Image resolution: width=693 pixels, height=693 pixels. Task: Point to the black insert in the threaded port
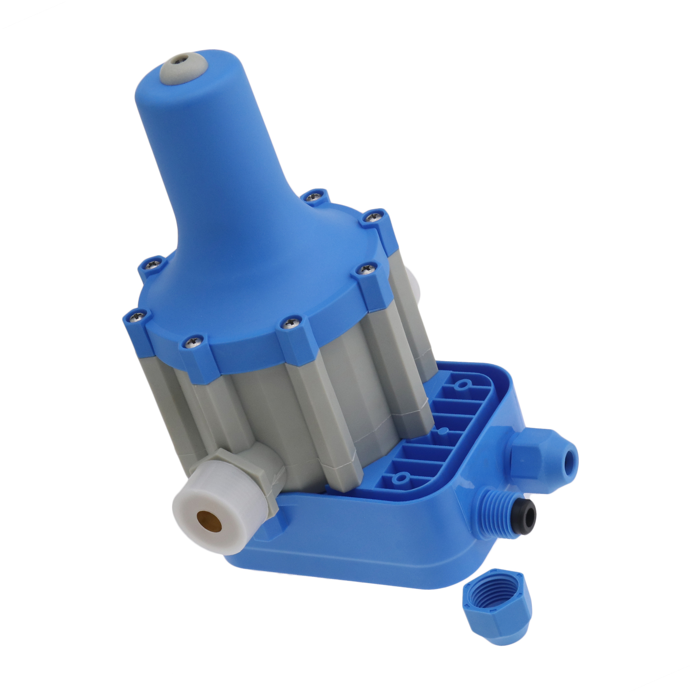click(x=526, y=515)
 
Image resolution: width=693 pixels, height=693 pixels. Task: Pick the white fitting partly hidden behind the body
click(x=414, y=284)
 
